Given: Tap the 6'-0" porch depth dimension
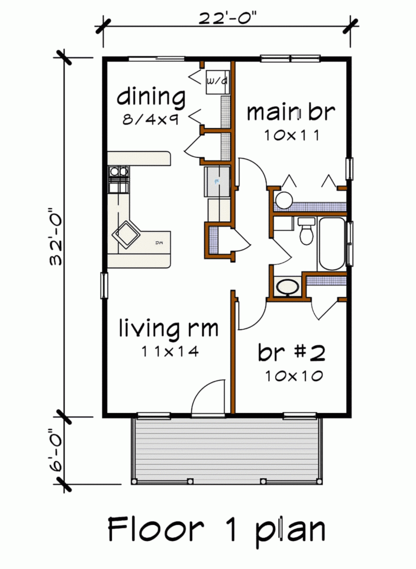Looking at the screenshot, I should pos(55,451).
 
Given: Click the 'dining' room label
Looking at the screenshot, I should pos(151,98).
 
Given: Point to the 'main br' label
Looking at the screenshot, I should pos(291,113).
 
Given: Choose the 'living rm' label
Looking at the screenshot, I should pos(168,328).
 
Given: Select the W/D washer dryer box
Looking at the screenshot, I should pos(217,82).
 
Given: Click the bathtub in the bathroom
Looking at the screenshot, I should pos(331,244).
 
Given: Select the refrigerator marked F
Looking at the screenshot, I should pos(217,182).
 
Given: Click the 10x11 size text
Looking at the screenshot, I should pos(291,135).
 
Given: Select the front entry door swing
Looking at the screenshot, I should pos(209,398).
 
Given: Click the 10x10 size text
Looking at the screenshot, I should pos(294,375).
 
